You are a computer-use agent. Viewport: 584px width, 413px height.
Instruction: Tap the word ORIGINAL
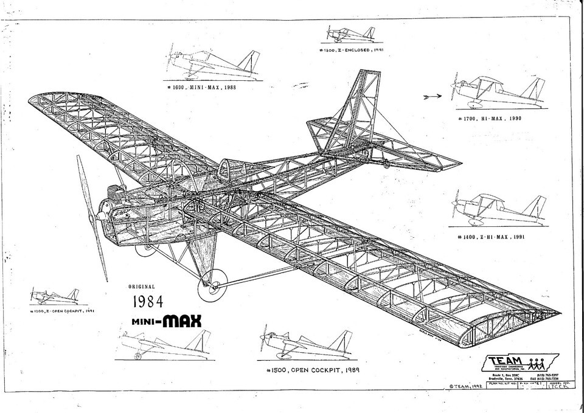coord(142,286)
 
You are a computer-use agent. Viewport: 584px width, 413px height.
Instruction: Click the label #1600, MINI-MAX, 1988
coord(201,87)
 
